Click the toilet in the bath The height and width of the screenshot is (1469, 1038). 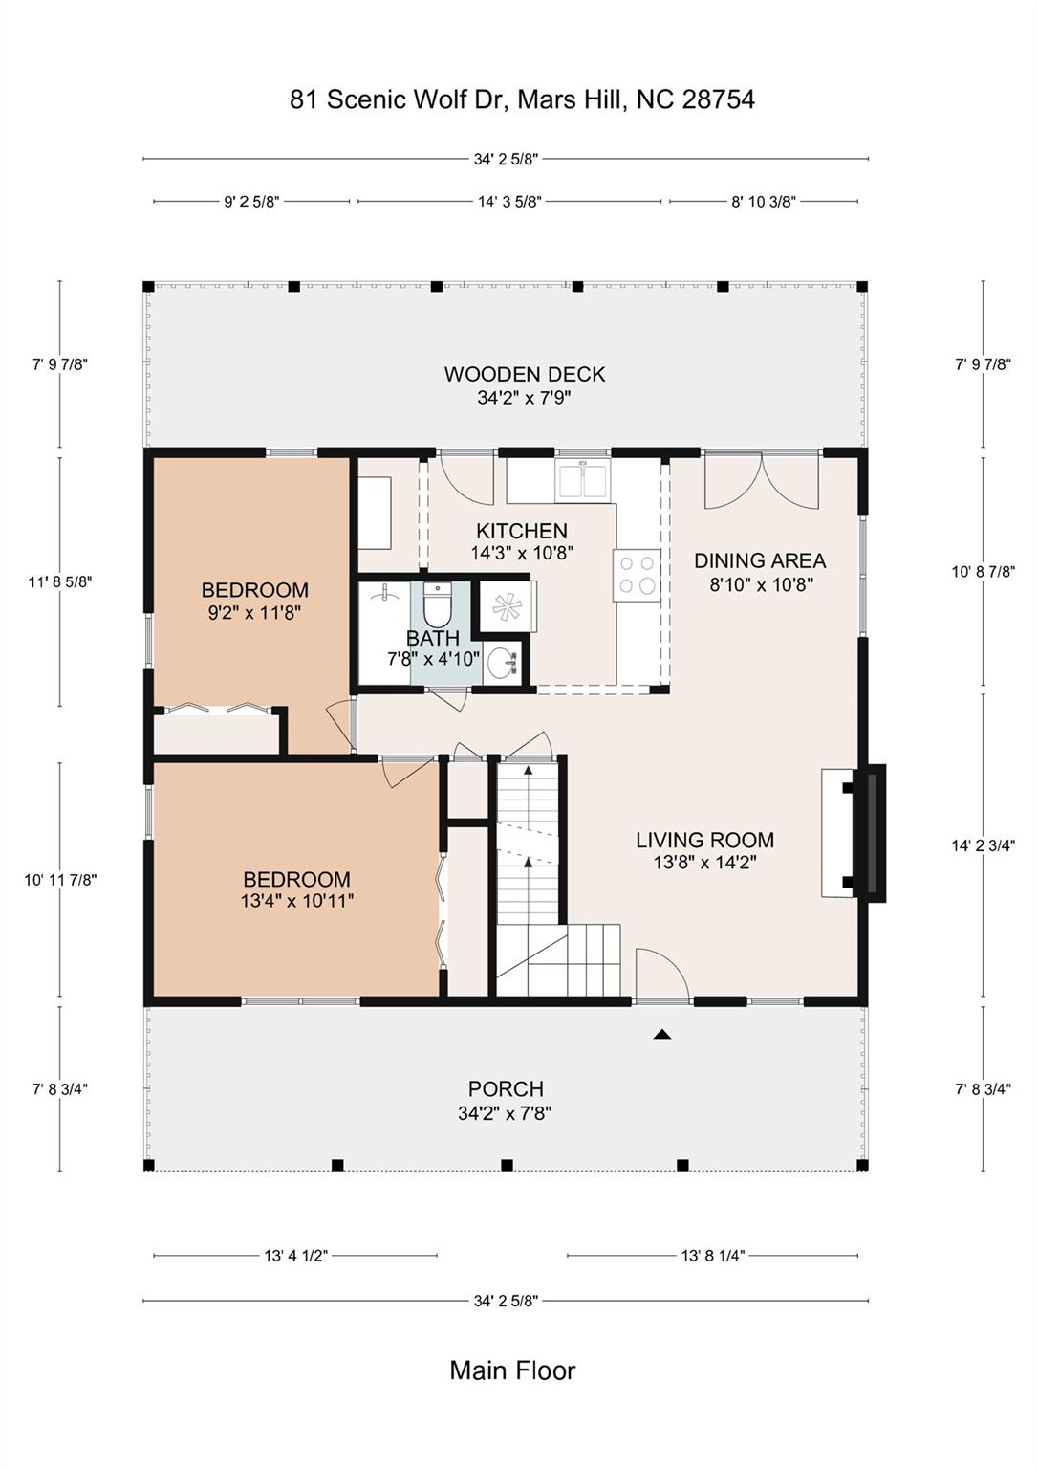coord(438,603)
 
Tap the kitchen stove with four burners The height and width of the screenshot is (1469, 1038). coord(637,574)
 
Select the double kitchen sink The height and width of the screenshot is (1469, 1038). coord(583,480)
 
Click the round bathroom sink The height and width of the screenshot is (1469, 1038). coord(504,664)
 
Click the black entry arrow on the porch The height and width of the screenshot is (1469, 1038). coord(662,1035)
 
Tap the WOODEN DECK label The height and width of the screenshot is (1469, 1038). coord(524,375)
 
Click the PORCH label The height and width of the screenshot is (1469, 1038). coord(506,1089)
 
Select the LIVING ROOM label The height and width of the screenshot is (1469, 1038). coord(705,840)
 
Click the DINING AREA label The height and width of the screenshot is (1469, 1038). coord(760,560)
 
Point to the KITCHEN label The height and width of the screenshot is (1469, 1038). coord(522,531)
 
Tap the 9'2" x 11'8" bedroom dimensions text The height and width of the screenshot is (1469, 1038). coord(254,613)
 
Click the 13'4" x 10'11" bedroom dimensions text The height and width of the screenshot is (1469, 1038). coord(297,901)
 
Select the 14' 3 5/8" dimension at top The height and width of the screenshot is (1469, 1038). coord(509,202)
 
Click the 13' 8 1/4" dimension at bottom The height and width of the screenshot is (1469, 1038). coord(712,1256)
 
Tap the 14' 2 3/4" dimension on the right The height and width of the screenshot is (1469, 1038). coord(983,846)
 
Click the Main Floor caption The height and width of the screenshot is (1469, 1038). coord(512,1370)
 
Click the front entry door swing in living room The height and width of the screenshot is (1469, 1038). coord(662,976)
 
